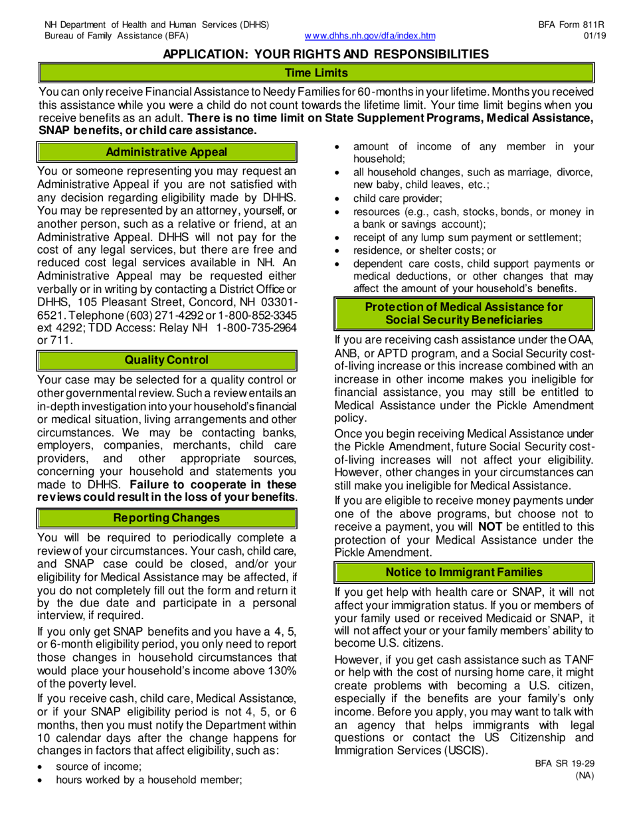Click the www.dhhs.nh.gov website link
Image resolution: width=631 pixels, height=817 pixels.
tap(369, 36)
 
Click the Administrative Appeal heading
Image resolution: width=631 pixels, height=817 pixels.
tap(167, 152)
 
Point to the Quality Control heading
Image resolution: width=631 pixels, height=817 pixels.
tap(167, 360)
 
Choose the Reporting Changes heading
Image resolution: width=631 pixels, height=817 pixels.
tap(167, 516)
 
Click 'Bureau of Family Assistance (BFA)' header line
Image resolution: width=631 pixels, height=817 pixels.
tap(116, 36)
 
